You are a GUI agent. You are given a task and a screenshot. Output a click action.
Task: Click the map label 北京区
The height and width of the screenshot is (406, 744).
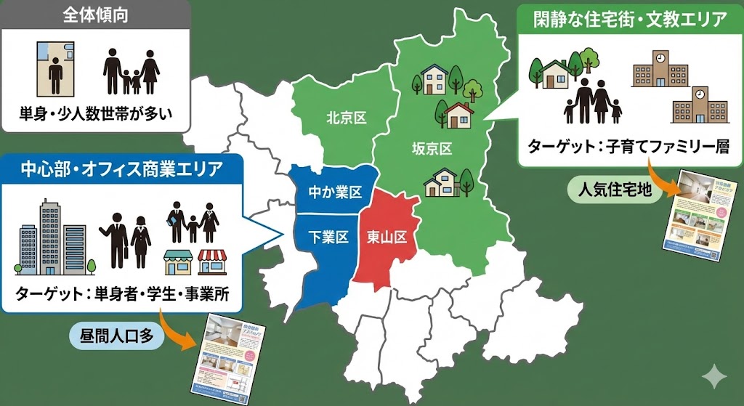[346, 118]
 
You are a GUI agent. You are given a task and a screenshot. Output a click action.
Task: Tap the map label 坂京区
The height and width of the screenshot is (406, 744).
[432, 149]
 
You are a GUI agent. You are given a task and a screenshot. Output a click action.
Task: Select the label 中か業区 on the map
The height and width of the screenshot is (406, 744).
[335, 192]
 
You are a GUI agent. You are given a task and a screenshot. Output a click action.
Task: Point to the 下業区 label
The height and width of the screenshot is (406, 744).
[328, 237]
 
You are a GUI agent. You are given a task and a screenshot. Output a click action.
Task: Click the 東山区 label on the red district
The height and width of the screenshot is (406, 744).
[387, 237]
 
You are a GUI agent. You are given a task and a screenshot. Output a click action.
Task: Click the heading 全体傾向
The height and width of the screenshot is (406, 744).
[95, 15]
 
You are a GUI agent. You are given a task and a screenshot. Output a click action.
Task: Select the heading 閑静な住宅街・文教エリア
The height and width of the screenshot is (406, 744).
[628, 20]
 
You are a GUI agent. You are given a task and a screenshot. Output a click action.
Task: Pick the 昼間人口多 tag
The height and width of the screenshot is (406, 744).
[116, 336]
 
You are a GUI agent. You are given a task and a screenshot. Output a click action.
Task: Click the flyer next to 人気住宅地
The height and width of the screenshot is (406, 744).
[695, 211]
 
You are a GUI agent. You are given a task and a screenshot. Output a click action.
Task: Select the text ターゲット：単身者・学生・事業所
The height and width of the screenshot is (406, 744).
[122, 296]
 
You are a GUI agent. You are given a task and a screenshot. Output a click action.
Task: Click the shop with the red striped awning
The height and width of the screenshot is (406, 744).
[212, 262]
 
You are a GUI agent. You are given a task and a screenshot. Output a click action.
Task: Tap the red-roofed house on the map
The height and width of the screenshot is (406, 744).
[460, 115]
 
